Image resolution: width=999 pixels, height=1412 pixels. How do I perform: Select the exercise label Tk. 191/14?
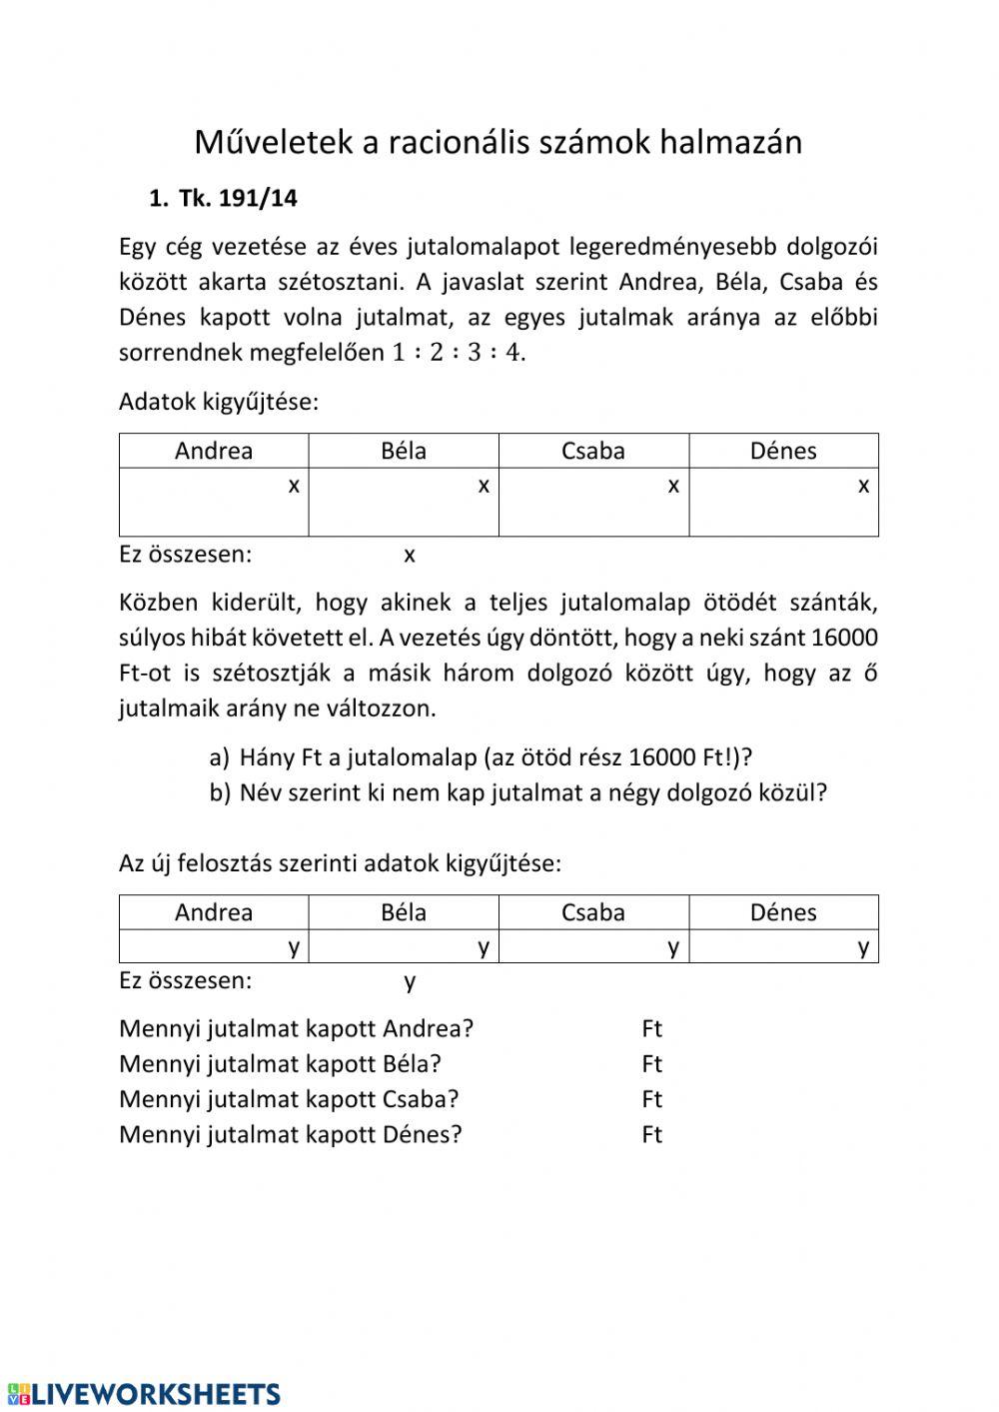(238, 198)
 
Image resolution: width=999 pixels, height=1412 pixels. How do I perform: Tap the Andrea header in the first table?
(214, 451)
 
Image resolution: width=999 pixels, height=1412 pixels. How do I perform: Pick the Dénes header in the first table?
(783, 451)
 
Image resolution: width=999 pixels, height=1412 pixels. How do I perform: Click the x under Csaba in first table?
(673, 486)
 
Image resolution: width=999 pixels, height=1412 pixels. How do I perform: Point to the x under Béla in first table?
(484, 486)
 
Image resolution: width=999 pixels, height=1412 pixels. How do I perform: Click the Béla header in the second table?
(404, 912)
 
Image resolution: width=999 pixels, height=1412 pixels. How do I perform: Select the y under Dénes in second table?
(863, 946)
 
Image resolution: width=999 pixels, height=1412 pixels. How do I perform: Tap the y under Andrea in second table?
(294, 946)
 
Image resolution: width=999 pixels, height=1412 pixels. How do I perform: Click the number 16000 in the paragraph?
(845, 638)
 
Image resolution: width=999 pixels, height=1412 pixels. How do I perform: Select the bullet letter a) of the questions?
(220, 757)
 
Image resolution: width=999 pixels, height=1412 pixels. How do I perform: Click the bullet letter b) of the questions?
(220, 792)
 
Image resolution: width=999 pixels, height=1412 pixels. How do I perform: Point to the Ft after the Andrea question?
(652, 1028)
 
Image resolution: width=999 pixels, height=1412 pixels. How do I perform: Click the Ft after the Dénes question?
(652, 1134)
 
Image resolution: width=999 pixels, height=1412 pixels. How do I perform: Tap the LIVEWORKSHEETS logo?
(144, 1394)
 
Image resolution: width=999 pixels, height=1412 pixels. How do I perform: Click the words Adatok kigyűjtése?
(218, 402)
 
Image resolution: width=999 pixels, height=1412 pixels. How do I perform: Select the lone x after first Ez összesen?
(410, 555)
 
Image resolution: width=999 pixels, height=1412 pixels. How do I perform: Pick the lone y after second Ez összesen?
(410, 981)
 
